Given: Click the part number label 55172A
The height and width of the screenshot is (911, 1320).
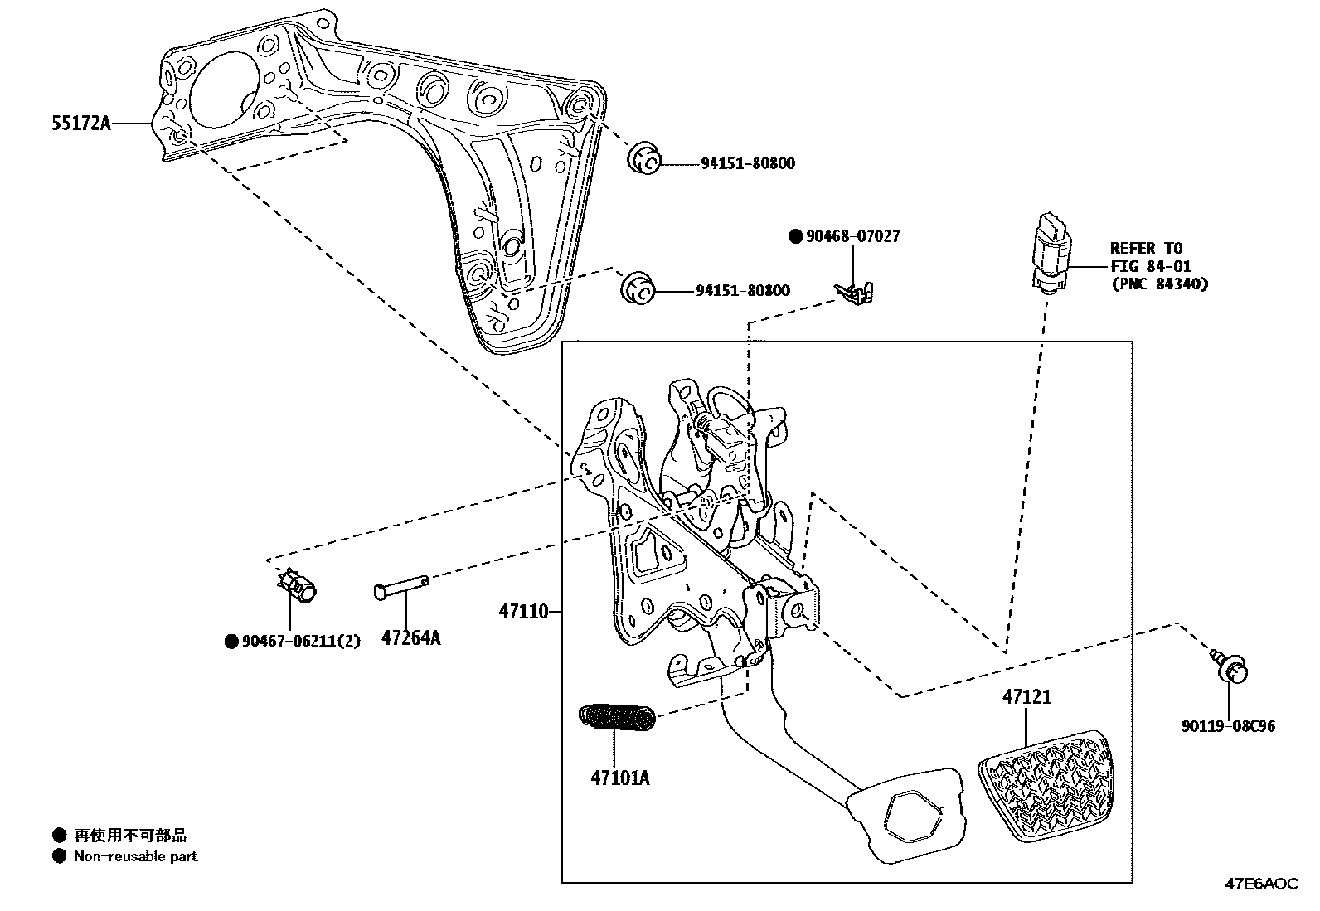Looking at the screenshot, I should (80, 124).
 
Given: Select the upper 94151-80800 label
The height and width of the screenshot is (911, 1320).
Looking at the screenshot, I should (747, 163).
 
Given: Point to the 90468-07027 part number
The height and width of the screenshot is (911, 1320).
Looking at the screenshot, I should (852, 236).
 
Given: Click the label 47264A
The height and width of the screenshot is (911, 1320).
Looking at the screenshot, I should (410, 637).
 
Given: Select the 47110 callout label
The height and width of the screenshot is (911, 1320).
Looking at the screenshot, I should (524, 612).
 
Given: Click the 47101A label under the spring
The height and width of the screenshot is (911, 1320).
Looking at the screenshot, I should (620, 778).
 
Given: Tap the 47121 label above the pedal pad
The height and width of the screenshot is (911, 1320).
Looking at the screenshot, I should (1026, 697).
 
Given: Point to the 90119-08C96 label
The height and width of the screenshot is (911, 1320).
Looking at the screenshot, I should (1229, 726).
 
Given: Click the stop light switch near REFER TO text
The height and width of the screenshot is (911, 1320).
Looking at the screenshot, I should (1051, 251).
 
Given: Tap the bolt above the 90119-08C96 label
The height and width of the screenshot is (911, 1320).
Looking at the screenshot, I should (1230, 664).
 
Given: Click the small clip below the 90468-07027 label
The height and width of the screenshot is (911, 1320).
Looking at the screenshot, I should (854, 291).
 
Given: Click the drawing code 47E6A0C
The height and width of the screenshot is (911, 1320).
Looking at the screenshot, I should (1261, 884).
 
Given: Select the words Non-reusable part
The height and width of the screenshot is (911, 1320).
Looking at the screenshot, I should (136, 856).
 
